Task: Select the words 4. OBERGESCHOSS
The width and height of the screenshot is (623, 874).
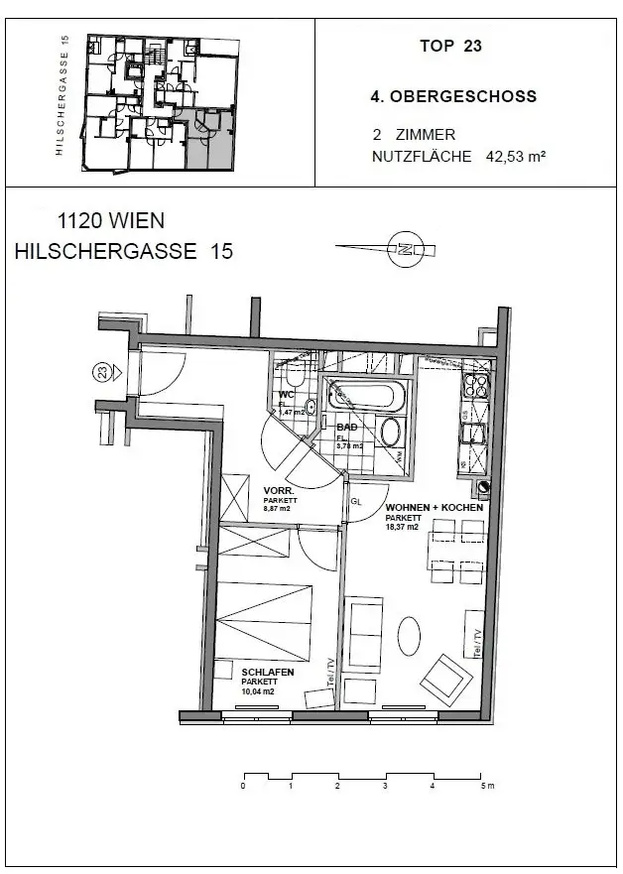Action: [x=452, y=97]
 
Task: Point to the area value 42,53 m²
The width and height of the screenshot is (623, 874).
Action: [x=517, y=156]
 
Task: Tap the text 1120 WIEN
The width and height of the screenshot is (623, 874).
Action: [x=111, y=221]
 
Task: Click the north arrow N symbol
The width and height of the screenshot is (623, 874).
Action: [x=404, y=249]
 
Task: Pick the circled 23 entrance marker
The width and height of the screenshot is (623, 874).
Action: [x=101, y=373]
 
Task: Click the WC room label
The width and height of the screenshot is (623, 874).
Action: [x=287, y=395]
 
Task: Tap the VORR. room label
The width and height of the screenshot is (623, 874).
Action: [x=277, y=491]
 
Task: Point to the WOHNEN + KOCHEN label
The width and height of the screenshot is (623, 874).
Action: [x=434, y=507]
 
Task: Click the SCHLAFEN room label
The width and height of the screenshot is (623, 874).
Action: [x=268, y=672]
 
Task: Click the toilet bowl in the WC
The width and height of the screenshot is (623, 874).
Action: [x=294, y=381]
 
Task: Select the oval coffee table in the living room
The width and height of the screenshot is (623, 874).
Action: [x=409, y=636]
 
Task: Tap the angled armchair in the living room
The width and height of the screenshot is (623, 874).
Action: [x=443, y=680]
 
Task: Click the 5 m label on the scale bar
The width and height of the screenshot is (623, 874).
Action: [x=485, y=787]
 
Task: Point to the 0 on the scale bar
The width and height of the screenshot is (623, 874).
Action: [x=243, y=787]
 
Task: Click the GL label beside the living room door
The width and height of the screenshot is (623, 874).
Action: [x=355, y=501]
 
